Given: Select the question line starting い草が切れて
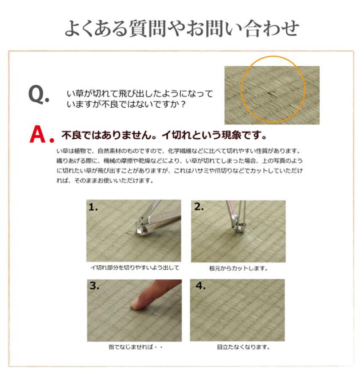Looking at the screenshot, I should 139,93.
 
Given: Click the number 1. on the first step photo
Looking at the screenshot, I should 93,207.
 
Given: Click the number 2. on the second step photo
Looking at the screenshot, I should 199,207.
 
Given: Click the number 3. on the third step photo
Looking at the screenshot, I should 94,285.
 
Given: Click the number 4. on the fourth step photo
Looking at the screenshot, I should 200,285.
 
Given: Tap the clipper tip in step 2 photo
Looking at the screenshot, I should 241,226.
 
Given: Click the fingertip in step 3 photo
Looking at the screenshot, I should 138,304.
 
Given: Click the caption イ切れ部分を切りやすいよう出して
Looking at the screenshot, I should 135,268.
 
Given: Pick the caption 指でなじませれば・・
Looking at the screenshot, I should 135,347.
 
